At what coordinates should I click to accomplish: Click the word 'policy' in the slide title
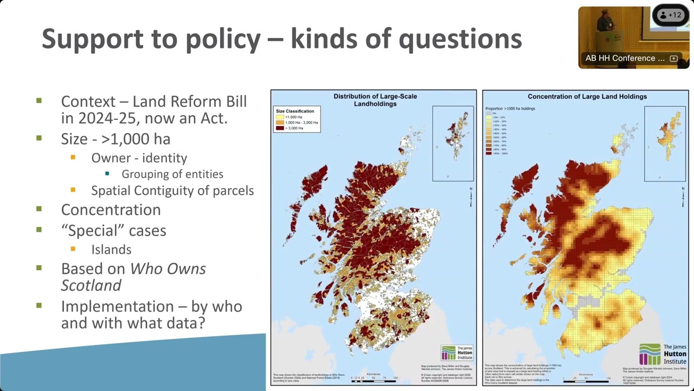coord(227,39)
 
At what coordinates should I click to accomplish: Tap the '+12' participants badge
coord(671,15)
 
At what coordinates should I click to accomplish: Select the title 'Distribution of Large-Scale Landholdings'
coord(375,100)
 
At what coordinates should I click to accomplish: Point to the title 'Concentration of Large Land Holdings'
coord(587,97)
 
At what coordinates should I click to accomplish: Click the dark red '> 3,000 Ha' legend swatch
coord(280,128)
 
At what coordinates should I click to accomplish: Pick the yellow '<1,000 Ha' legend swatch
coord(280,117)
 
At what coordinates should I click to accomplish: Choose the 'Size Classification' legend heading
coord(295,111)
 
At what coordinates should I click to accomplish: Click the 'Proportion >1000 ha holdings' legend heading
coord(510,109)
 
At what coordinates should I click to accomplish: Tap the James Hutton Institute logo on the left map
coord(457,353)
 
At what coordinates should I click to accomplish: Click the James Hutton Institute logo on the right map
coord(663,354)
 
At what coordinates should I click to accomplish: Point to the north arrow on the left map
coord(471,196)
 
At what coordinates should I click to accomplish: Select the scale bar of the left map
coord(374,377)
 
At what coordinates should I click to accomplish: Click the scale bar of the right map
coord(586,378)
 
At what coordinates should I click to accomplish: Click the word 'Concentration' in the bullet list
coord(111,210)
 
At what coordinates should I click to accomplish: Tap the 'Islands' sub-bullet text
coord(111,250)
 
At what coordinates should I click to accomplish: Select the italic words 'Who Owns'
coord(168,269)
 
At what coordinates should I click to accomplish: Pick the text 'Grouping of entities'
coord(172,174)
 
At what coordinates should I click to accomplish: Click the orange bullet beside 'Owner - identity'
coord(73,158)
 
